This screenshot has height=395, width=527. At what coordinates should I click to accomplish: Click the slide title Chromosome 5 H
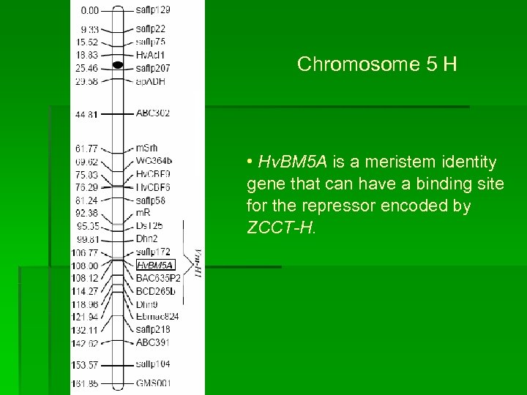377,64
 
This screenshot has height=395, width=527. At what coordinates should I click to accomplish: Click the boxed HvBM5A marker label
154,265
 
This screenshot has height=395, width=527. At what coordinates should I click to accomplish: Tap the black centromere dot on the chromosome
118,65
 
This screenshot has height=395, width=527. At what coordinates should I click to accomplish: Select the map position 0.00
89,10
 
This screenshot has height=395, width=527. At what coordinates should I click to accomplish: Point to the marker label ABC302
152,113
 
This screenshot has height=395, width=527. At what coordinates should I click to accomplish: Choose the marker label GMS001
153,383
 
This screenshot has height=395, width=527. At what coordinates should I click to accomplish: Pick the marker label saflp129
153,10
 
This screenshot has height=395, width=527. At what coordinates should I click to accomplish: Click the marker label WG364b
154,161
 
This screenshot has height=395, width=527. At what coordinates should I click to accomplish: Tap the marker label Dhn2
146,239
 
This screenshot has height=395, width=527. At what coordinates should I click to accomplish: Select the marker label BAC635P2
158,278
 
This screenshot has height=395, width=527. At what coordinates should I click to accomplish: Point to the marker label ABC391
152,342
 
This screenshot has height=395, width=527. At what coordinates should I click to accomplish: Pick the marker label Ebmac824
157,316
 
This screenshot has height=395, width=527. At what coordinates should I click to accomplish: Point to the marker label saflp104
153,364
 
